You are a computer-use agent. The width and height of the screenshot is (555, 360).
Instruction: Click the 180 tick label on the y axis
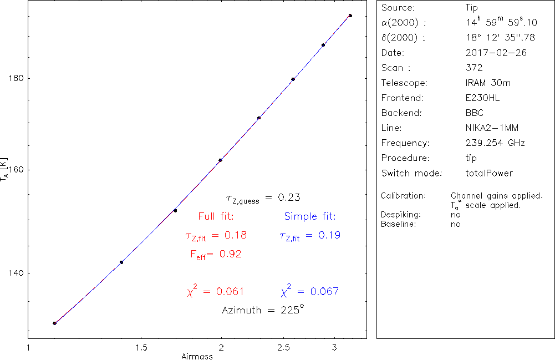(x=16, y=78)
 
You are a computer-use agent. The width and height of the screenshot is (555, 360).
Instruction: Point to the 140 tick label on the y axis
(x=16, y=273)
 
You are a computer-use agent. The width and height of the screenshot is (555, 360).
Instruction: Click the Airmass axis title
(x=197, y=356)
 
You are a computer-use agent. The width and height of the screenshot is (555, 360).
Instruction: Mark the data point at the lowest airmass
(x=54, y=323)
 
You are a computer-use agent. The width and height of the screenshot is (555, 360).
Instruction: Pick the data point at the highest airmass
(x=350, y=16)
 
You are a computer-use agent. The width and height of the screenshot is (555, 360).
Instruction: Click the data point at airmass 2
(x=221, y=160)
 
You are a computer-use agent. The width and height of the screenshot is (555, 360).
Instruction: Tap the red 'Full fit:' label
(x=216, y=216)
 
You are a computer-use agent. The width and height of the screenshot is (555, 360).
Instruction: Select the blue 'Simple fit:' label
(x=310, y=216)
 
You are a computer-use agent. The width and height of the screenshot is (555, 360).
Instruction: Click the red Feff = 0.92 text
(x=216, y=255)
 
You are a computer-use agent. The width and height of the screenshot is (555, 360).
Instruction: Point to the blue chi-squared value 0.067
(x=310, y=291)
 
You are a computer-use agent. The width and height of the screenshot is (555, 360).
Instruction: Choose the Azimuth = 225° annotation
(x=263, y=310)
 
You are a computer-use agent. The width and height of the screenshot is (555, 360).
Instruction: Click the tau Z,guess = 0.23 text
(x=263, y=197)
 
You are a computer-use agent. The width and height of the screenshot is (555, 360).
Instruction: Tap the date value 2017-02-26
(x=496, y=53)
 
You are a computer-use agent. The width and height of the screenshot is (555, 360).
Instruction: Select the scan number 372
(x=475, y=68)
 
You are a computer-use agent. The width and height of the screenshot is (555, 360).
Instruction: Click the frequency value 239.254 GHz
(x=496, y=143)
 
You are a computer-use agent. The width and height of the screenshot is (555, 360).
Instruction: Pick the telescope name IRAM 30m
(x=488, y=83)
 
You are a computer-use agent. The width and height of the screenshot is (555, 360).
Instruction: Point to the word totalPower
(x=490, y=173)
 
